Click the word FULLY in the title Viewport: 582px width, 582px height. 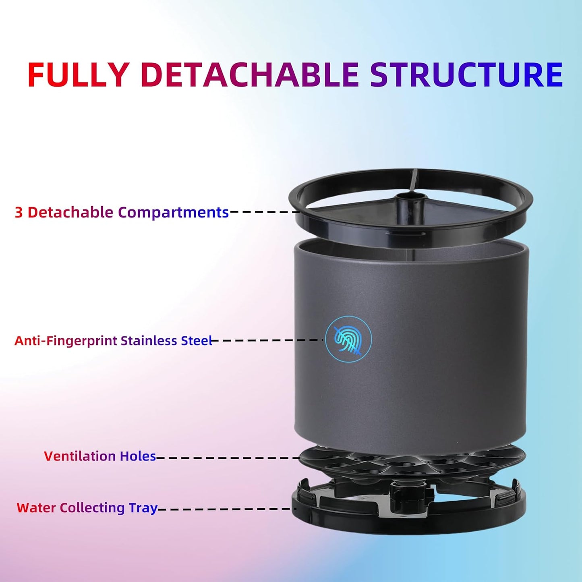(78, 75)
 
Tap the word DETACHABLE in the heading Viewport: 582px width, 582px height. (250, 75)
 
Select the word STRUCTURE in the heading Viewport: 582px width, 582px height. (466, 75)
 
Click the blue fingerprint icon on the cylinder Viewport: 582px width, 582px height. (348, 339)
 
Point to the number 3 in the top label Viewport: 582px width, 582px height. (19, 212)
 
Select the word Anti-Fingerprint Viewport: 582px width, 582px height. (66, 341)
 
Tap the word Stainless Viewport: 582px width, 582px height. (149, 341)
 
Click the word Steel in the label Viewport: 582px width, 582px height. (196, 341)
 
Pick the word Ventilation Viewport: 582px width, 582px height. (80, 456)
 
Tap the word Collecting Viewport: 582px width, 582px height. (92, 507)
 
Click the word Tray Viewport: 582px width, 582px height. (143, 507)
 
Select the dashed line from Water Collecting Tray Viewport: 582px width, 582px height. (226, 509)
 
